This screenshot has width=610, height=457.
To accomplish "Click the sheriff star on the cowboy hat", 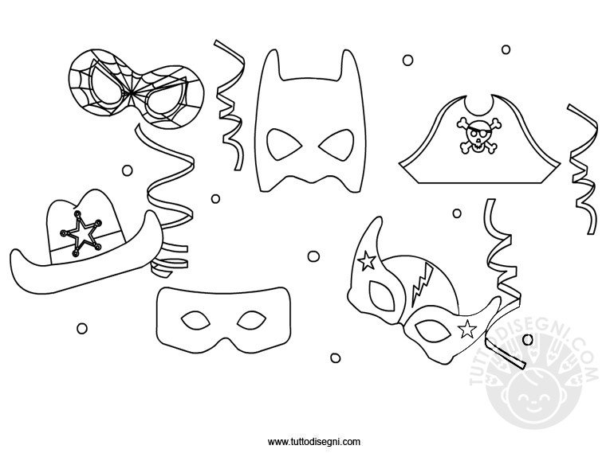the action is (x=81, y=234).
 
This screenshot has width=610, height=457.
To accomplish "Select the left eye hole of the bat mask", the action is (x=285, y=145).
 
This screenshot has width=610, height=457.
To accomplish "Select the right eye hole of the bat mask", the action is (x=336, y=145).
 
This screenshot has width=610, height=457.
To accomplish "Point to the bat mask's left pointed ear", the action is (x=271, y=62).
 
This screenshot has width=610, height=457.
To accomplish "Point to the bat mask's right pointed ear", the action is (x=349, y=62).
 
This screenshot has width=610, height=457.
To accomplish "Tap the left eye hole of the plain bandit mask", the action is (x=195, y=320).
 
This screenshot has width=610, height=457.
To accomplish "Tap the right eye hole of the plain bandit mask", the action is (x=252, y=320).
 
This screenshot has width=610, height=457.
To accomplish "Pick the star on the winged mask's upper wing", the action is (x=367, y=260).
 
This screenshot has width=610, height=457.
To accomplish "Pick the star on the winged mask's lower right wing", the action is (x=467, y=330).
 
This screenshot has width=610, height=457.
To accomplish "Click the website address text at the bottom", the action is (x=314, y=441).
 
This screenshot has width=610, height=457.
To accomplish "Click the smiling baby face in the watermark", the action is (x=533, y=400).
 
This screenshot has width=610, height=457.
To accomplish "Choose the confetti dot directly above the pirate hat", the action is (x=506, y=49).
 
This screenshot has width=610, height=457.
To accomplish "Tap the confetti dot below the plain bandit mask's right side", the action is (x=336, y=357).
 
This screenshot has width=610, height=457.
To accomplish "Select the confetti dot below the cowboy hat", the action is (x=82, y=329).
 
